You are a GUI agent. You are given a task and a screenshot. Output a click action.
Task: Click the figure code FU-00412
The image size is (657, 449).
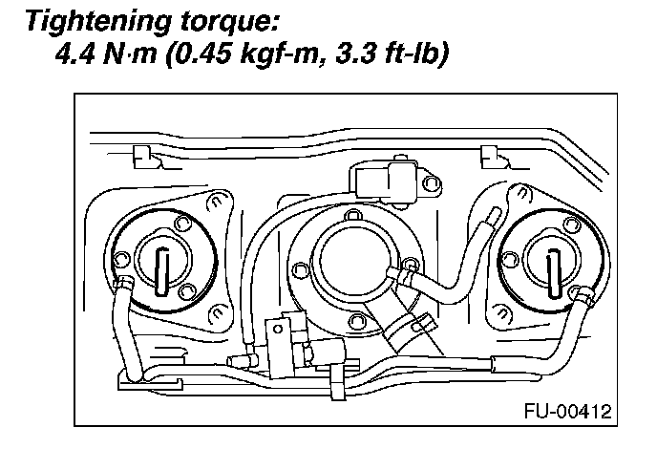[566, 414]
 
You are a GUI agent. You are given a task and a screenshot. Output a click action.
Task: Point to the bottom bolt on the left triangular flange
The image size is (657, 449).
[215, 310]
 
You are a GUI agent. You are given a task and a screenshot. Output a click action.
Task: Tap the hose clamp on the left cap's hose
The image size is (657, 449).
[124, 284]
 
